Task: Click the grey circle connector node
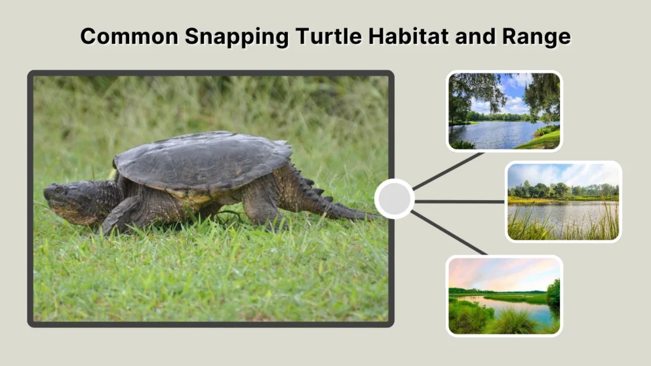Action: coord(394,199)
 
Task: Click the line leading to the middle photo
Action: coord(459,201)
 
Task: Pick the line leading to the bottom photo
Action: coord(448,233)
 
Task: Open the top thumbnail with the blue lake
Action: coord(504,111)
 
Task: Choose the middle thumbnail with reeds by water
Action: coord(563,201)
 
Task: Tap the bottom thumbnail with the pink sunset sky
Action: coord(504,295)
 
